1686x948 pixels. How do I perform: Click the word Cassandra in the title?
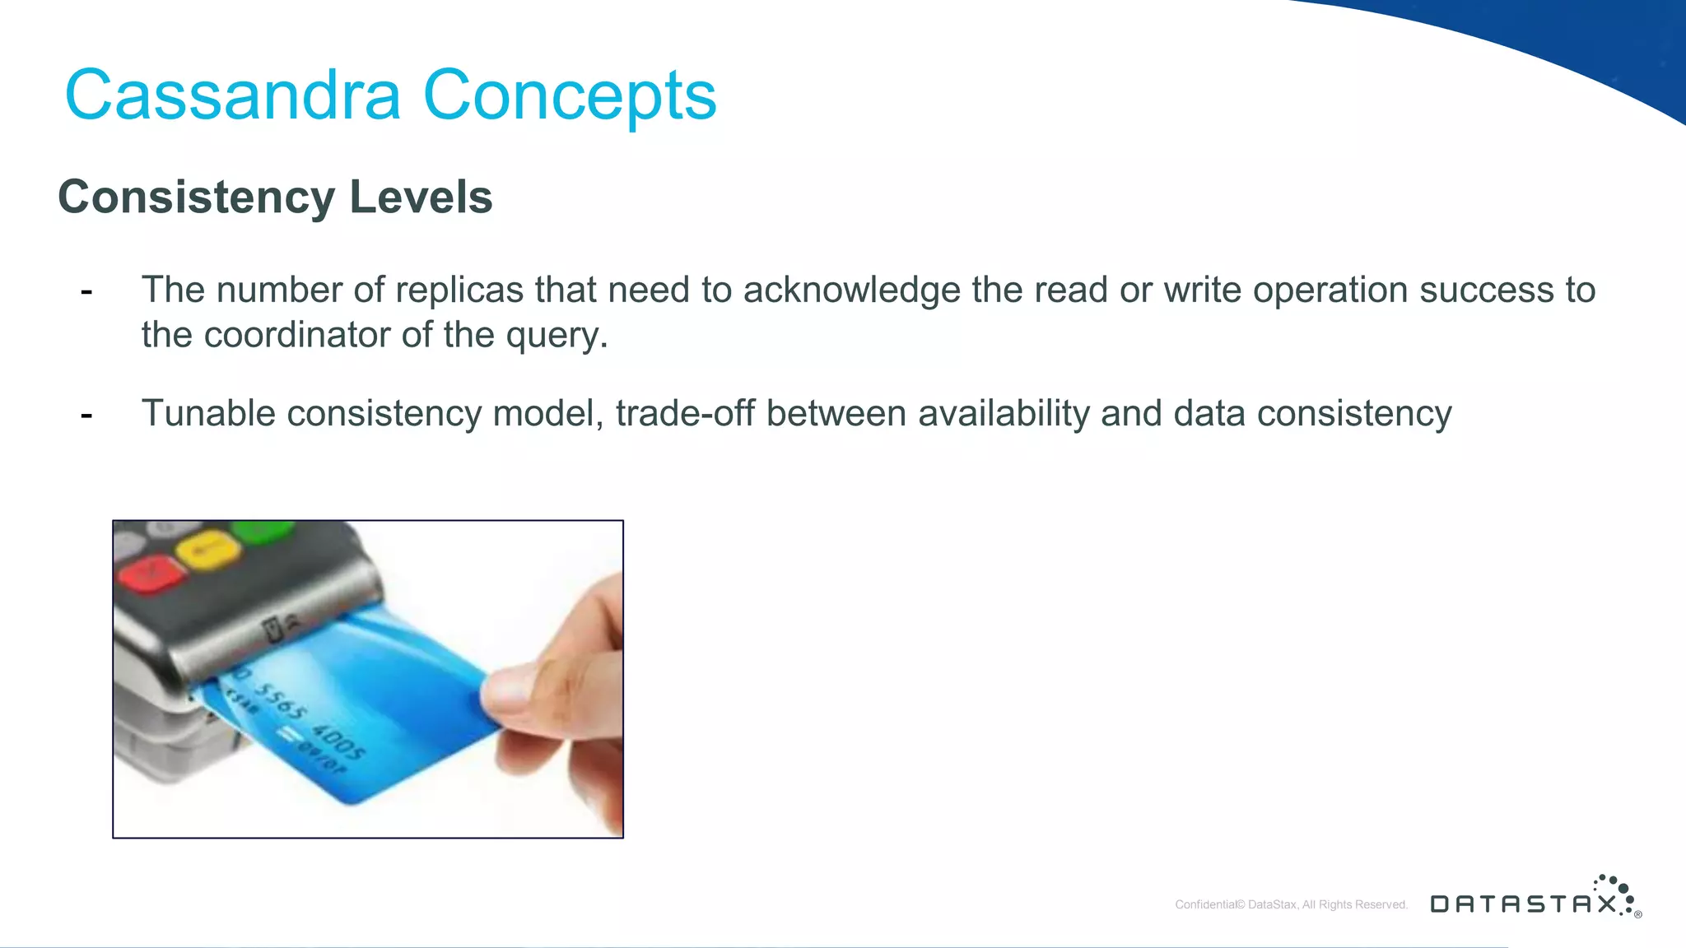point(232,95)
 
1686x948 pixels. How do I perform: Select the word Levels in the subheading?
point(421,197)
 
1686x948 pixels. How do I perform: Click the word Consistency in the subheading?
point(197,198)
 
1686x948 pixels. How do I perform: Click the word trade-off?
point(685,413)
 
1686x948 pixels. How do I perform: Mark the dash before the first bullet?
point(86,290)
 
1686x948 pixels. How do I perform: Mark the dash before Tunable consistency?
point(86,414)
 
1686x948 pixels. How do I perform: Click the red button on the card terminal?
point(151,573)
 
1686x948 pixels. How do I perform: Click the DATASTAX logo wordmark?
point(1523,904)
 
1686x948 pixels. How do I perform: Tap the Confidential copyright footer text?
point(1291,904)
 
